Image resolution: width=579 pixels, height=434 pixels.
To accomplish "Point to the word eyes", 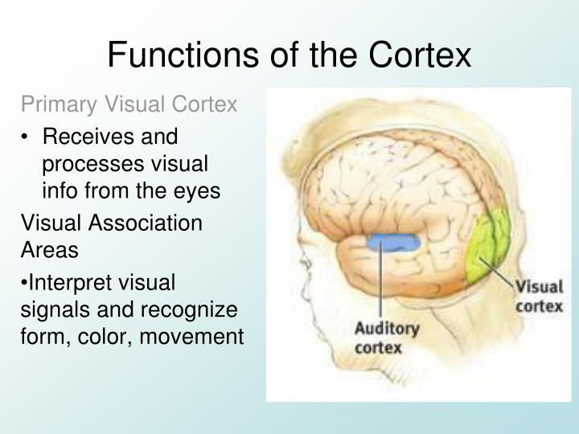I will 199,192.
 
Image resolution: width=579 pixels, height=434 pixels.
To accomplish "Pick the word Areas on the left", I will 49,250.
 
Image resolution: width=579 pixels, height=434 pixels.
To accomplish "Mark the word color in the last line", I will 114,337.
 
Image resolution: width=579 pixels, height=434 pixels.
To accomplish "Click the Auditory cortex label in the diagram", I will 387,338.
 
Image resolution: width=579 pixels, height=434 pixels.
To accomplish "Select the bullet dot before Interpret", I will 24,283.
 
